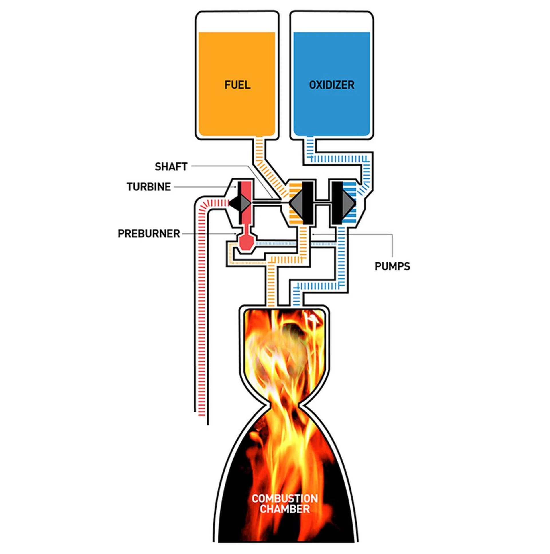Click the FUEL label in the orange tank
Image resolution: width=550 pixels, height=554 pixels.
[x=237, y=85]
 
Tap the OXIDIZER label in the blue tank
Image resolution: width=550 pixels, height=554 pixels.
[x=331, y=85]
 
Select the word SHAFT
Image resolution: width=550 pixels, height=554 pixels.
[x=171, y=167]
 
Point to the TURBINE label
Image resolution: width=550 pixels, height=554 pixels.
[x=149, y=187]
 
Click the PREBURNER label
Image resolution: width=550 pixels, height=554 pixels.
[x=149, y=234]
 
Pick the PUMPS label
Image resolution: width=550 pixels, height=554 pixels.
[x=392, y=266]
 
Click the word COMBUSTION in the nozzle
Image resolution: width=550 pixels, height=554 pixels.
[x=284, y=499]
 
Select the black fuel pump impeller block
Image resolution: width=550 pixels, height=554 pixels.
[x=307, y=203]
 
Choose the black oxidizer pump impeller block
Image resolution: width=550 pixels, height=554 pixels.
[x=337, y=203]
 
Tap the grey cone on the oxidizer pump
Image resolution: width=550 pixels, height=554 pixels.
[x=349, y=203]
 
